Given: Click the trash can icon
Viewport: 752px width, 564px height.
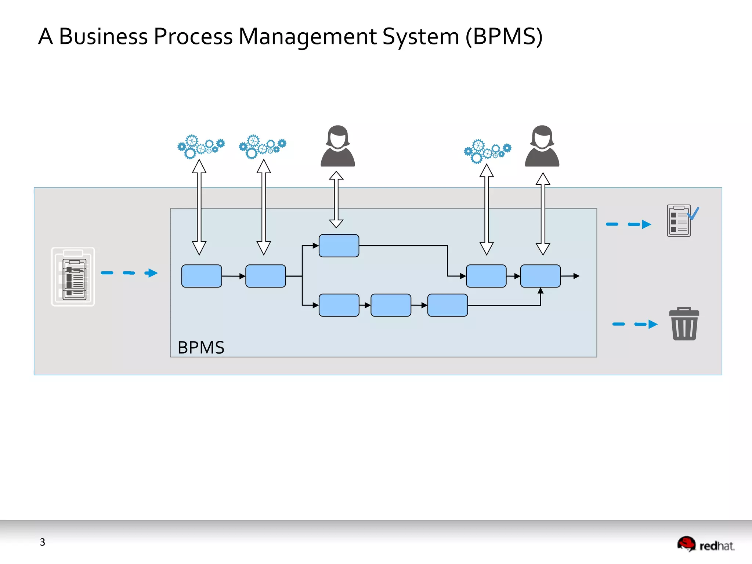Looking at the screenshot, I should point(684,324).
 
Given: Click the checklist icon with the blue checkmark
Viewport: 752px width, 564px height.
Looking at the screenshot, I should point(681,221).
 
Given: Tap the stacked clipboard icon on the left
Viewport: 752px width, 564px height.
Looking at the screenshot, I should point(73,277).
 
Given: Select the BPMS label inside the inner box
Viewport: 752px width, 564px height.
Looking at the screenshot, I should point(201,347).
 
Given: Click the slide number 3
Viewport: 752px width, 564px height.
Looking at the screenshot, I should point(43,542).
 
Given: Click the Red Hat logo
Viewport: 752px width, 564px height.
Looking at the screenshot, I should point(706,545).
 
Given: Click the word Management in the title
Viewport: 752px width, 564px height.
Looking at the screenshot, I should point(308,37).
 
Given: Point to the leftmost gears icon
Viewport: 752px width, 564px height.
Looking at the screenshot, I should point(200,147).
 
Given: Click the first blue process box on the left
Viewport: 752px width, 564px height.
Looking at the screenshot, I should point(202,276).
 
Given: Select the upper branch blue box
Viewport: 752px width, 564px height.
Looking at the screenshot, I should point(339,246).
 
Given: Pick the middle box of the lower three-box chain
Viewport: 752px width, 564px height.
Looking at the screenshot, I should point(391,305).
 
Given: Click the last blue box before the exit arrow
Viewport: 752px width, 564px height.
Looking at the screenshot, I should point(540,276).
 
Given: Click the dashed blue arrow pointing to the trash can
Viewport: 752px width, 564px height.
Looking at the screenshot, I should point(635,324).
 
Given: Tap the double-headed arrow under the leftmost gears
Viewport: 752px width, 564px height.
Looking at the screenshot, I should point(199,207).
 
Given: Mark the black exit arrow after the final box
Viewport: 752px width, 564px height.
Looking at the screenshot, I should point(571,276).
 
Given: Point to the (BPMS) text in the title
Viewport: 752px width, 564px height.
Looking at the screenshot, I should point(504,37).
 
